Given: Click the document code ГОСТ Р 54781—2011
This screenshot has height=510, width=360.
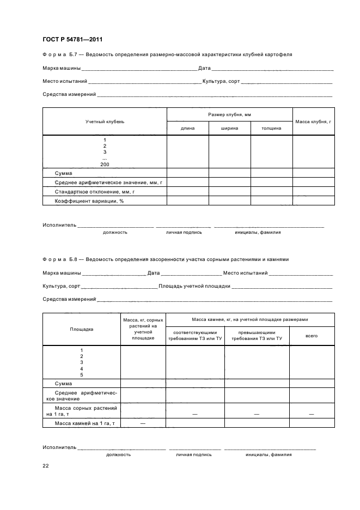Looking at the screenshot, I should click(x=72, y=39).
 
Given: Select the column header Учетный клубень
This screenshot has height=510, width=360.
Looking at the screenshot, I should click(x=105, y=121).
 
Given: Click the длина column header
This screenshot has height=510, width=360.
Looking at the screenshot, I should click(x=187, y=128).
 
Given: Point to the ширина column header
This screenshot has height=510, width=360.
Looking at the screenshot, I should click(x=229, y=128).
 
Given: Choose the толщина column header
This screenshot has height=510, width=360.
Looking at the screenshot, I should click(x=271, y=128).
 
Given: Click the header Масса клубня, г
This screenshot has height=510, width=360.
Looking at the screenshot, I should click(x=313, y=121).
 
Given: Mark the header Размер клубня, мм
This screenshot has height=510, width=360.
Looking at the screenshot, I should click(x=229, y=114).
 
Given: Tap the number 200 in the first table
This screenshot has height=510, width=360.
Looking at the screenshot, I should click(x=105, y=164).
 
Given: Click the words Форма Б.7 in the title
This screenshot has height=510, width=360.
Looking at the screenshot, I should click(x=62, y=54).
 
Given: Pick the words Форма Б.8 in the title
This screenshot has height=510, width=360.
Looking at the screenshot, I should click(x=62, y=259).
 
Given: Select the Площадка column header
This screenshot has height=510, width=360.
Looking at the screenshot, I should click(x=81, y=329).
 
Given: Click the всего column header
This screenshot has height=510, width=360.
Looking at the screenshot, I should click(x=312, y=336).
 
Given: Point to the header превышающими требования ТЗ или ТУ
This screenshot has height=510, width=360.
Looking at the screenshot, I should click(x=257, y=336).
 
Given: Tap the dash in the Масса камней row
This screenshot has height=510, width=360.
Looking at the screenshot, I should click(x=143, y=423).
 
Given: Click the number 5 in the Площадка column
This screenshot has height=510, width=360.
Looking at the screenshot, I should click(x=81, y=375).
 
